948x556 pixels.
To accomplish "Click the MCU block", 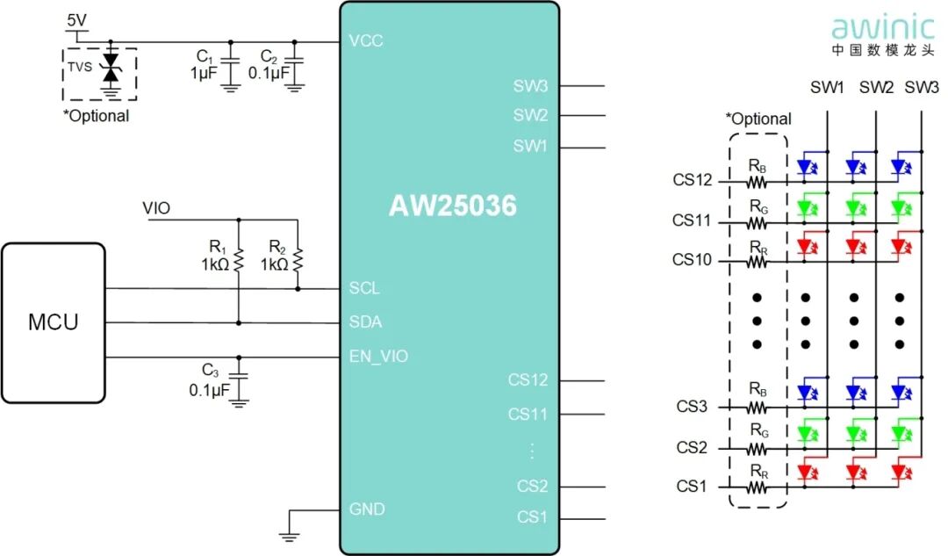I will click(x=53, y=321).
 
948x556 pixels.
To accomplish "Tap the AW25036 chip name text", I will click(x=452, y=206).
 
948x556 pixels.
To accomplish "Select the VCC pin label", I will click(x=366, y=41).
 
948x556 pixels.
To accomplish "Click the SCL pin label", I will click(x=364, y=288).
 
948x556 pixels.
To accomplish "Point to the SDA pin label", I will click(x=365, y=322).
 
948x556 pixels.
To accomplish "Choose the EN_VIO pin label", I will click(x=378, y=356).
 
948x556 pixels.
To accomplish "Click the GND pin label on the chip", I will click(x=367, y=509).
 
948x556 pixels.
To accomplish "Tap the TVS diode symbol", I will click(x=111, y=66).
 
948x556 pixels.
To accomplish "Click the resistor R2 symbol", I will click(x=298, y=260).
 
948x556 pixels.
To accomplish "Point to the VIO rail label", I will click(x=156, y=208).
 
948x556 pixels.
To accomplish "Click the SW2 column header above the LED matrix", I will click(x=876, y=88).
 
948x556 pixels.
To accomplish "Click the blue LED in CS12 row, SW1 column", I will click(x=807, y=166).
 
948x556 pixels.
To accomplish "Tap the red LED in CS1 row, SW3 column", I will click(x=900, y=472).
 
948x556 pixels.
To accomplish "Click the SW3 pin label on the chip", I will click(x=530, y=86).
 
